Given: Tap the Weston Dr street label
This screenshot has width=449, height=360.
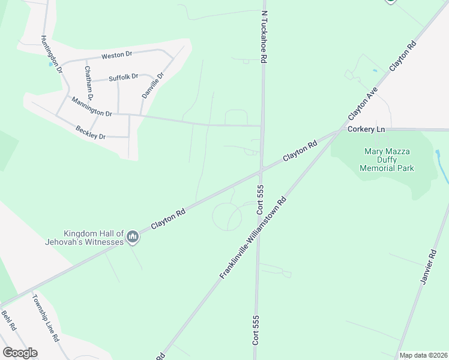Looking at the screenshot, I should pyautogui.click(x=116, y=55).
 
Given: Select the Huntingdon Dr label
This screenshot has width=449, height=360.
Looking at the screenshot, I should pyautogui.click(x=52, y=54).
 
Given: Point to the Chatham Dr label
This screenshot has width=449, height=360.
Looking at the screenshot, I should pyautogui.click(x=89, y=83).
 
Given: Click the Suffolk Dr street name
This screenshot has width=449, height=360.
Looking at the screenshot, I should pyautogui.click(x=123, y=77).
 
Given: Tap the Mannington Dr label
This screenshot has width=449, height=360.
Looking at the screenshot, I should pyautogui.click(x=91, y=106).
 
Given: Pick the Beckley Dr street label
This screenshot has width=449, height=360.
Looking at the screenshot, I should pyautogui.click(x=90, y=132).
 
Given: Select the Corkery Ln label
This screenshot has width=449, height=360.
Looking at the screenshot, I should pyautogui.click(x=365, y=129).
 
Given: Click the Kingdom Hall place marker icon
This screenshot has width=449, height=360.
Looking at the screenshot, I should pyautogui.click(x=133, y=238).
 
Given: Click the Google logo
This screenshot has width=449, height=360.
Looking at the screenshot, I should pyautogui.click(x=20, y=352).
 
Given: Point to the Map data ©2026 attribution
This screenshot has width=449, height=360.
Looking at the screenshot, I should pyautogui.click(x=423, y=355).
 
